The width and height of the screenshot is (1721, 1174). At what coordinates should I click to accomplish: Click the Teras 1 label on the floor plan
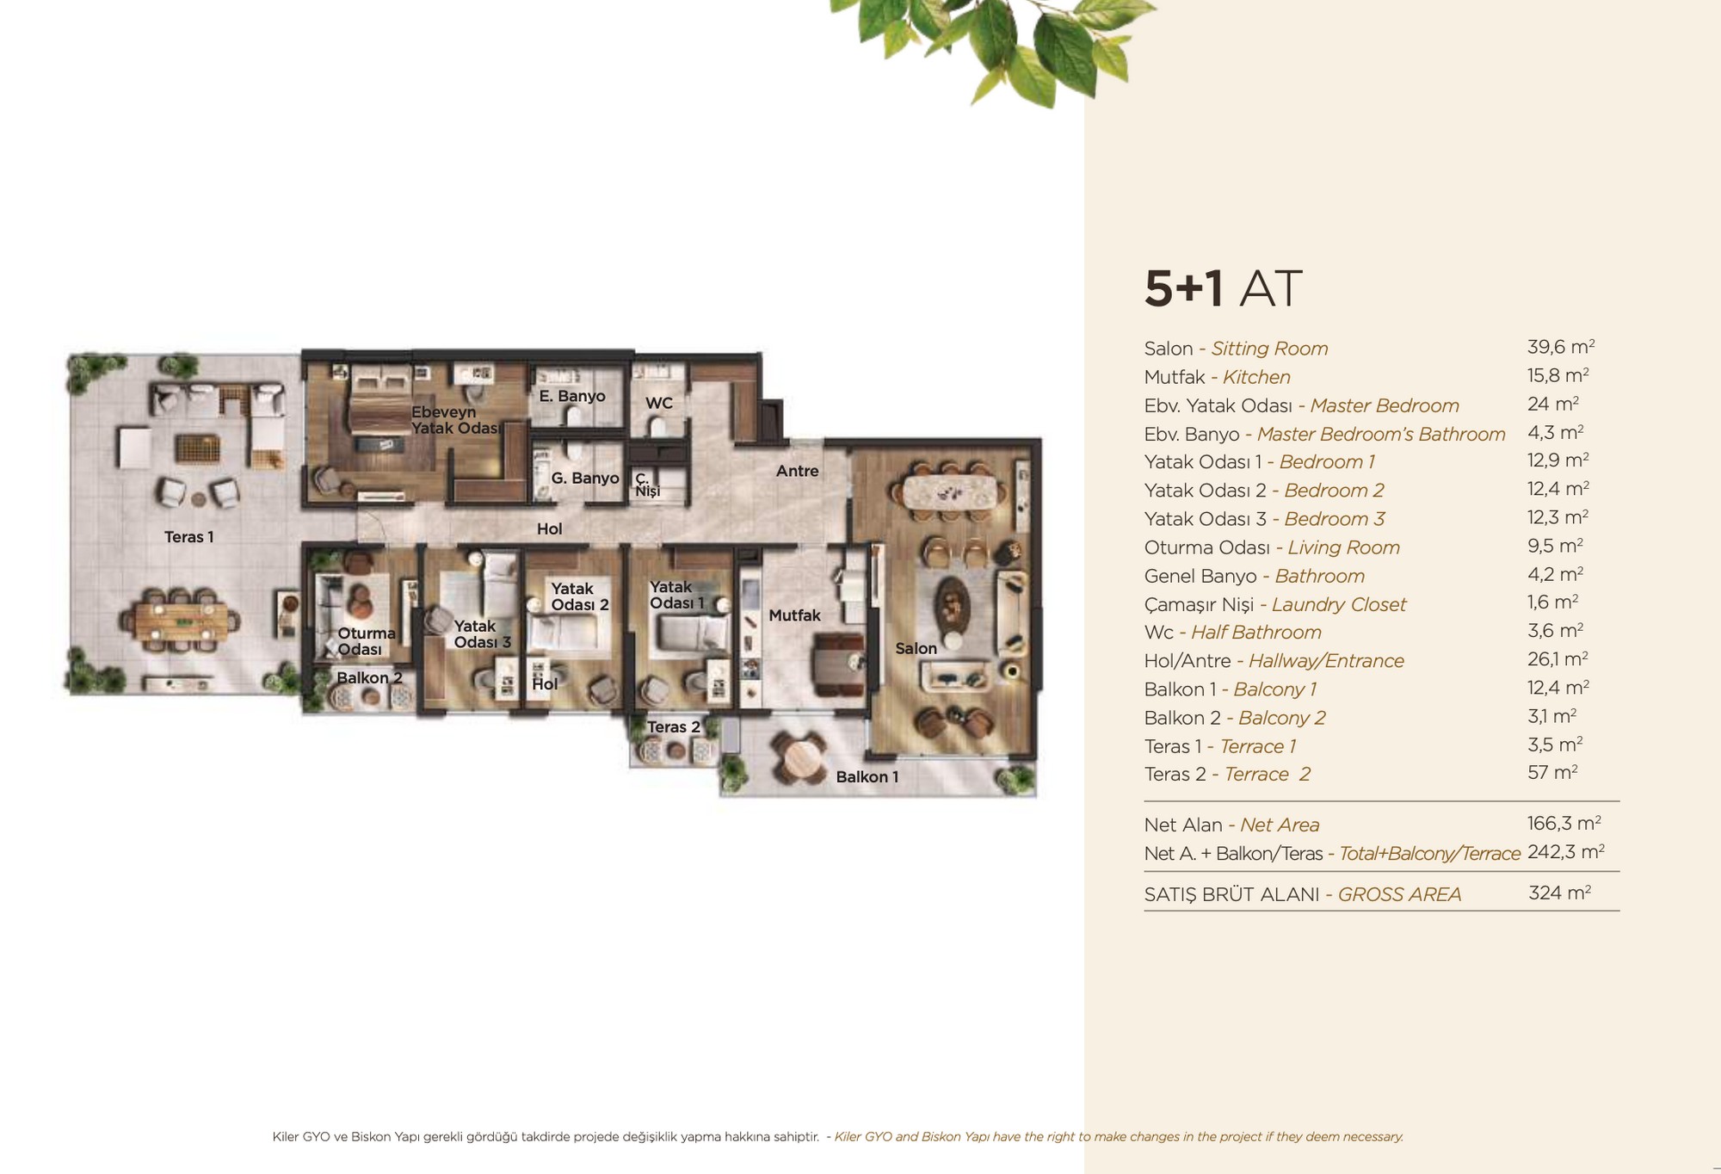click(189, 537)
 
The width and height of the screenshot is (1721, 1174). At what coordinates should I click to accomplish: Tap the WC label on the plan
click(659, 403)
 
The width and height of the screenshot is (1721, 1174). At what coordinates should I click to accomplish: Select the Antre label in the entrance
click(798, 471)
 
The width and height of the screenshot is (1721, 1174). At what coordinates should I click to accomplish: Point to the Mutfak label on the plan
click(794, 615)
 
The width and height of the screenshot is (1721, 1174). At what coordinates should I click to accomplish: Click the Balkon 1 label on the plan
click(867, 777)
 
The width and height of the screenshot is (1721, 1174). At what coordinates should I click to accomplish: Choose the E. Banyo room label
click(572, 396)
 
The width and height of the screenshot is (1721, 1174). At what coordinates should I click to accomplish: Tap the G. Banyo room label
click(585, 478)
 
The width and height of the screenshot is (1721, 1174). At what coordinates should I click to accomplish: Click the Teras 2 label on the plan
click(674, 727)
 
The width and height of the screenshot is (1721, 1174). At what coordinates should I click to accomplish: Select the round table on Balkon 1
click(801, 757)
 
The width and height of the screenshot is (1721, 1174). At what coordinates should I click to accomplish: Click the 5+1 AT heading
click(1223, 288)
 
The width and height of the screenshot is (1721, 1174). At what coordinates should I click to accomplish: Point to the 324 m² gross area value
click(1559, 893)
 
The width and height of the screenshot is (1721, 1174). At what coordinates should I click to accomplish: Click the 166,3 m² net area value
click(1564, 823)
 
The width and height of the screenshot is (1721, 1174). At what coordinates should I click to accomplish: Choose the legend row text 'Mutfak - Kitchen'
click(1217, 377)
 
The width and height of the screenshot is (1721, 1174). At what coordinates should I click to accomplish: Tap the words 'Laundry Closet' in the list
click(1339, 604)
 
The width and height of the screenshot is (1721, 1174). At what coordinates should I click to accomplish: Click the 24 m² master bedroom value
click(1553, 404)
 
